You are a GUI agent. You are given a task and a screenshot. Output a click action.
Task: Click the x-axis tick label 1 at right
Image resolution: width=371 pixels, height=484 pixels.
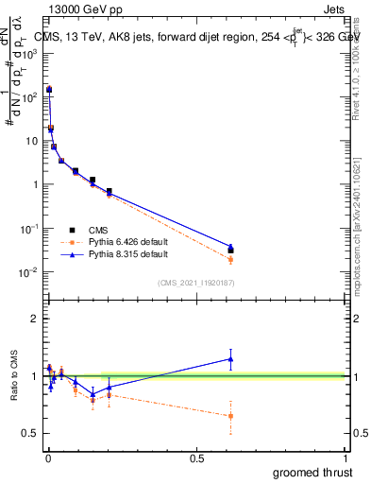pos(346,458)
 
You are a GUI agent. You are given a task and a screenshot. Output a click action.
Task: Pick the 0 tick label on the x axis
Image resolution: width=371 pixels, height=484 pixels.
pos(47,458)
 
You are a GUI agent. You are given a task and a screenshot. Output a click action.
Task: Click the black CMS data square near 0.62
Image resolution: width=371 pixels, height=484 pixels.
pos(230,251)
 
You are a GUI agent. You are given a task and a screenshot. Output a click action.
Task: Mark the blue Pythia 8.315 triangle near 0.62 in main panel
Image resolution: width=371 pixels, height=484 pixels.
pos(230,247)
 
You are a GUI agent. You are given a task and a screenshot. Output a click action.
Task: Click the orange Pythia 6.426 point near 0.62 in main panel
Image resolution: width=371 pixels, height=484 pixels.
pos(230,259)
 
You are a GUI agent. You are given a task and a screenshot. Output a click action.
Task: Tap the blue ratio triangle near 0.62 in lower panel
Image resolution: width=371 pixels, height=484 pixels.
pos(230,358)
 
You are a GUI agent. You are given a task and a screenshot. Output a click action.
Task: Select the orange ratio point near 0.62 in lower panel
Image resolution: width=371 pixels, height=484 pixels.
pos(230,416)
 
